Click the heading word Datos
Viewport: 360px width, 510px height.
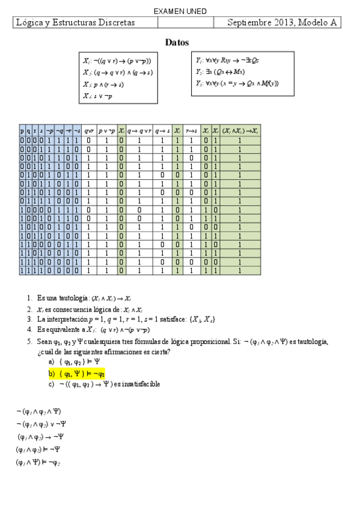[177, 43]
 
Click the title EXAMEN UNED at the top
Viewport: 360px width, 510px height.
[180, 11]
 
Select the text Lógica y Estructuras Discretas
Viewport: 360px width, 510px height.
[75, 23]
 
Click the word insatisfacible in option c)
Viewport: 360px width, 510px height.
[144, 384]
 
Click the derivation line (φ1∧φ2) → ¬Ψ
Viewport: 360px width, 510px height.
[41, 437]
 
